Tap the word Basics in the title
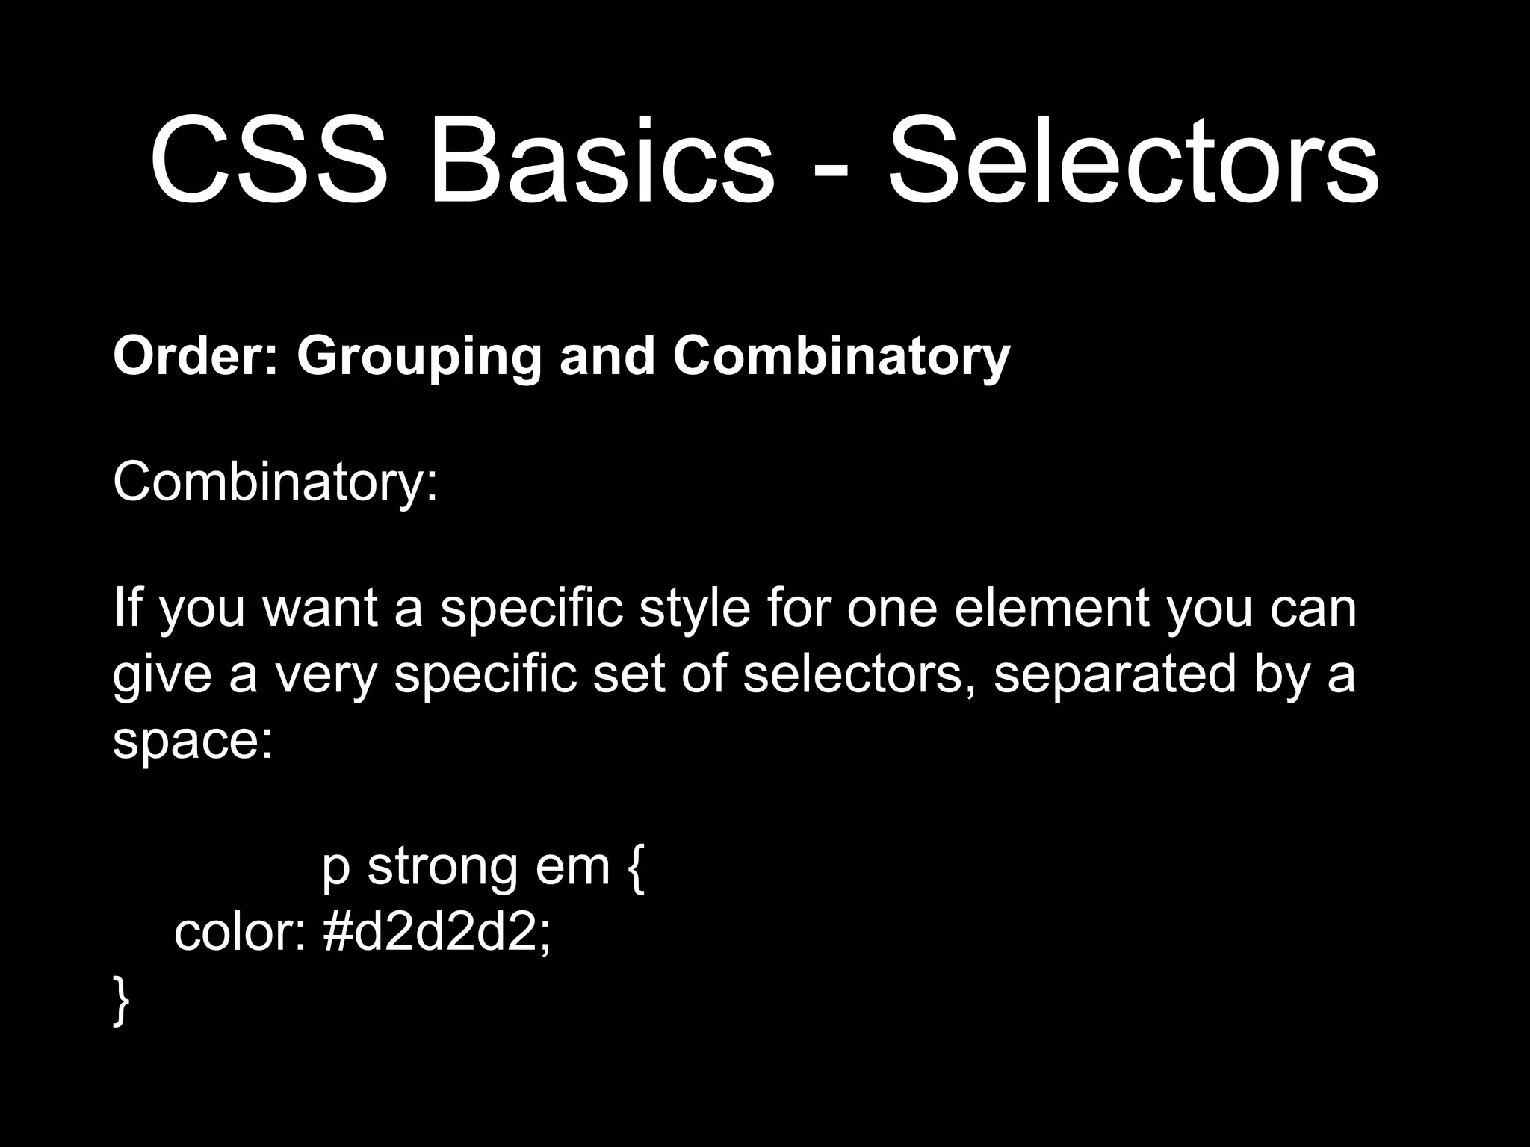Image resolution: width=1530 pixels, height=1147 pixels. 602,161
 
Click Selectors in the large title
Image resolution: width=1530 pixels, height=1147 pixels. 1133,161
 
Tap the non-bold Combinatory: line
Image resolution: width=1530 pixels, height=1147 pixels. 275,484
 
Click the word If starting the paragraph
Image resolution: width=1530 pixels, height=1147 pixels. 126,608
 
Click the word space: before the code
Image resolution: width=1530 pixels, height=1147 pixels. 193,742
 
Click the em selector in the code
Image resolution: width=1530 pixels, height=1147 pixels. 573,868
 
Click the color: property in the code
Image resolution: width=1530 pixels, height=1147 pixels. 239,933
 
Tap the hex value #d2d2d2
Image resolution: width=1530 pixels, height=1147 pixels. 437,933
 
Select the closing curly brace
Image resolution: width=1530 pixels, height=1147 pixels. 121,1001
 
